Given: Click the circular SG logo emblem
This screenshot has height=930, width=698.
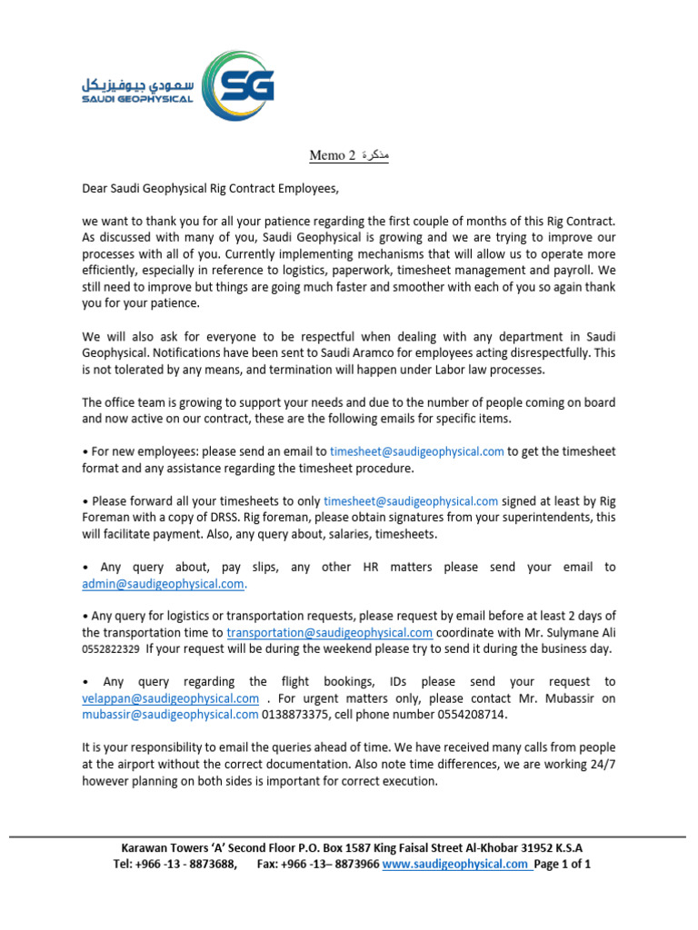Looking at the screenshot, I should [x=238, y=86].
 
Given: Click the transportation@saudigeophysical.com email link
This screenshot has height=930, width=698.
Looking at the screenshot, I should [x=329, y=632].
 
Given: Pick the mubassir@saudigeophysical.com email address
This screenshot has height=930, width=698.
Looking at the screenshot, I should [x=170, y=714].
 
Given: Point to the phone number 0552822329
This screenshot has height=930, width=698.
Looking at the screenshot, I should [x=111, y=649].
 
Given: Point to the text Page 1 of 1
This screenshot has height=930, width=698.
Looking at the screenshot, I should [x=563, y=865].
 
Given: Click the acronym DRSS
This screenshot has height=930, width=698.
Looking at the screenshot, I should [x=259, y=517].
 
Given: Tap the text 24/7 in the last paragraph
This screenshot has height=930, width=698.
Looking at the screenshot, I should [x=600, y=765].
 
